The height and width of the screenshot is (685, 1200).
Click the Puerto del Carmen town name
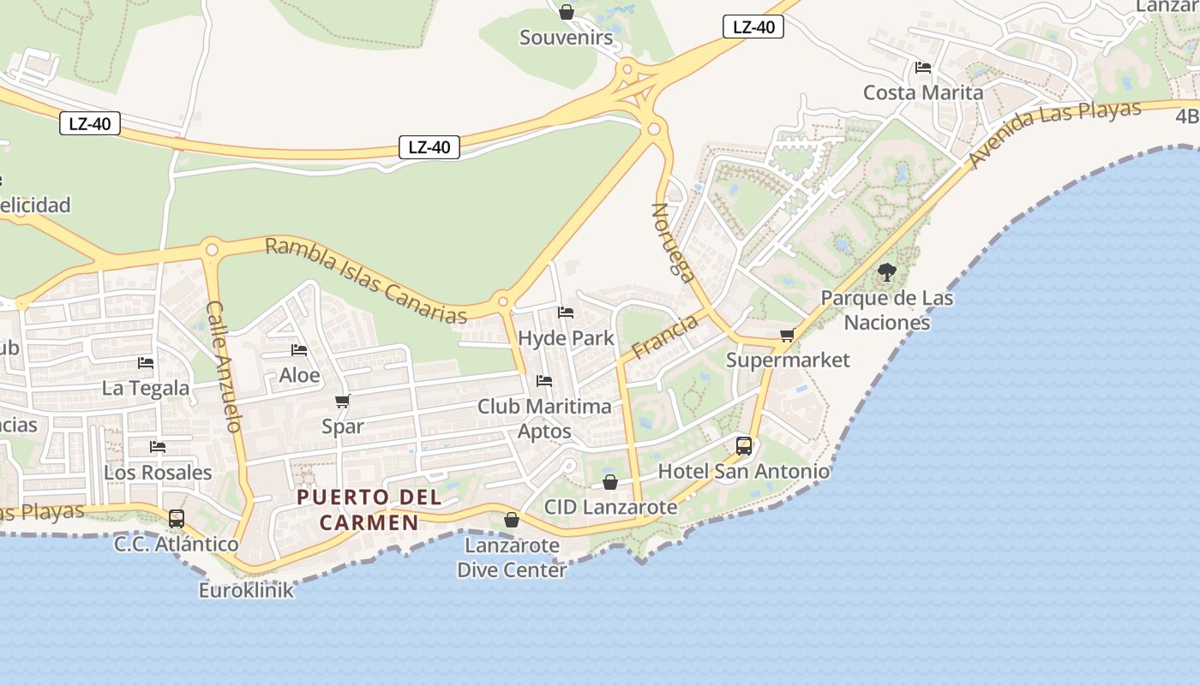[369, 509]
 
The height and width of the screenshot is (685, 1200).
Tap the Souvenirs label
[567, 38]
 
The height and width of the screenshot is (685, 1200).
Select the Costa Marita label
[923, 92]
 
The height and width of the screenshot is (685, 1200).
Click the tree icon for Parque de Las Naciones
[887, 273]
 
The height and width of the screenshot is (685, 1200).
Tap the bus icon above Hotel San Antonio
[744, 446]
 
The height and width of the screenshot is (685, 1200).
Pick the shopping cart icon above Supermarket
[787, 335]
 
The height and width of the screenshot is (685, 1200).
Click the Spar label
[343, 426]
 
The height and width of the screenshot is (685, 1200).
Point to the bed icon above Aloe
[299, 350]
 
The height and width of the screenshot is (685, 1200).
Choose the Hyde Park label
[567, 338]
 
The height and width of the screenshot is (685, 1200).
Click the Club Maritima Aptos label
[544, 418]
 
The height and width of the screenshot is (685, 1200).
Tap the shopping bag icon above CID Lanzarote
[610, 482]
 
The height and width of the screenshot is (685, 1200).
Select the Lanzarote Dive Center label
[512, 557]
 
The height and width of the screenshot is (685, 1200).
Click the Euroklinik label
[246, 590]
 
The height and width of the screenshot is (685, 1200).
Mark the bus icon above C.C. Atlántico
[177, 518]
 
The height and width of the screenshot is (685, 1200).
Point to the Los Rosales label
[158, 473]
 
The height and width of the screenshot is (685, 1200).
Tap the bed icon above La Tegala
[146, 363]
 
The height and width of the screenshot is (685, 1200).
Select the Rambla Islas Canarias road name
[367, 280]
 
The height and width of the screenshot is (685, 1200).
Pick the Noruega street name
[674, 242]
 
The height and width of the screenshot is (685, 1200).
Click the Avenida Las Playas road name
[1055, 133]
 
